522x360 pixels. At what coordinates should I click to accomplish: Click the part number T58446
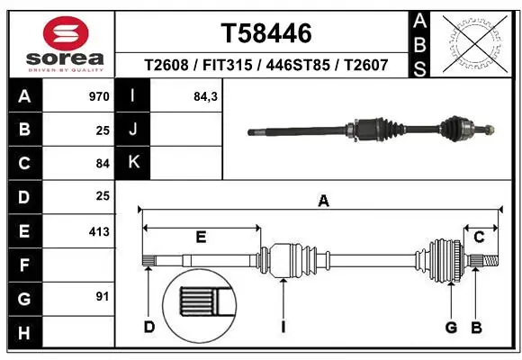(266, 33)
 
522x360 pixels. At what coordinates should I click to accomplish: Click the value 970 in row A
(99, 96)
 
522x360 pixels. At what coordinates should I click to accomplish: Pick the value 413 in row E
(99, 232)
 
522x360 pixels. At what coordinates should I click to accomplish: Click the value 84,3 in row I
(206, 96)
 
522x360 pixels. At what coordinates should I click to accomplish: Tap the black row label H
(23, 334)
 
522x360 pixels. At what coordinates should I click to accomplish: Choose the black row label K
(133, 163)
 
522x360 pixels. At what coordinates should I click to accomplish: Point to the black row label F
(23, 265)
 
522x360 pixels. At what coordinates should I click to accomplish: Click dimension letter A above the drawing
(323, 202)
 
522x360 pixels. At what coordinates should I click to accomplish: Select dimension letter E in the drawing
(201, 237)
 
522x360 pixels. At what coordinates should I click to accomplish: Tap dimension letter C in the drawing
(480, 237)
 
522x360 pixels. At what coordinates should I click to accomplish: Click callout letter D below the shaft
(149, 327)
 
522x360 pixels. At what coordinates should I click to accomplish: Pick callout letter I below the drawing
(283, 327)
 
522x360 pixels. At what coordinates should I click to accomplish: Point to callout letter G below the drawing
(451, 327)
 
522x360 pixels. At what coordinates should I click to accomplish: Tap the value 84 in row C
(103, 164)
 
